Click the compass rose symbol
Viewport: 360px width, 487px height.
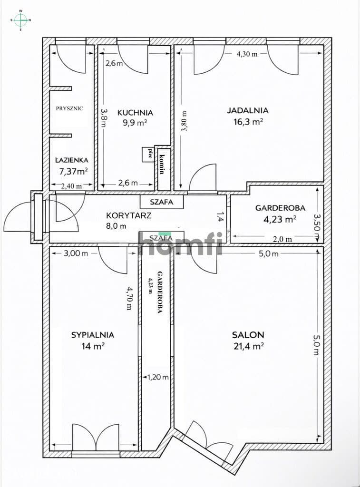[21, 20]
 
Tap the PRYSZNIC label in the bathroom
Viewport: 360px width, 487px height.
[69, 108]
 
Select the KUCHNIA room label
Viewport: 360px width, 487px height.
[135, 112]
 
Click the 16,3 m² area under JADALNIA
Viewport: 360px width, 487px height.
[249, 122]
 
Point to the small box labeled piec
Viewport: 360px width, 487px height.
[148, 155]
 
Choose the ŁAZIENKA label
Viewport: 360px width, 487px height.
[72, 160]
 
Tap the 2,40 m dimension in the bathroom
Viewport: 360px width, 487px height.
[71, 186]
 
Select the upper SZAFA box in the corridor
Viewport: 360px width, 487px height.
[162, 202]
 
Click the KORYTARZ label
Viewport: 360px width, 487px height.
[129, 215]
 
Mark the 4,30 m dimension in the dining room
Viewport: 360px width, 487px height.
[247, 54]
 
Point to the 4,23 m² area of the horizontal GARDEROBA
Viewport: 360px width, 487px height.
[280, 220]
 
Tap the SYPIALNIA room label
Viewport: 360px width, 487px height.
[93, 335]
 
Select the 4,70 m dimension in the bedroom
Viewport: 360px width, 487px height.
[129, 298]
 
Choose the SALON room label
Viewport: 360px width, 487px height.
[248, 335]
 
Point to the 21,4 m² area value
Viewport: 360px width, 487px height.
[249, 346]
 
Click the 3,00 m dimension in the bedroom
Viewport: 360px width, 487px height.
[76, 253]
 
